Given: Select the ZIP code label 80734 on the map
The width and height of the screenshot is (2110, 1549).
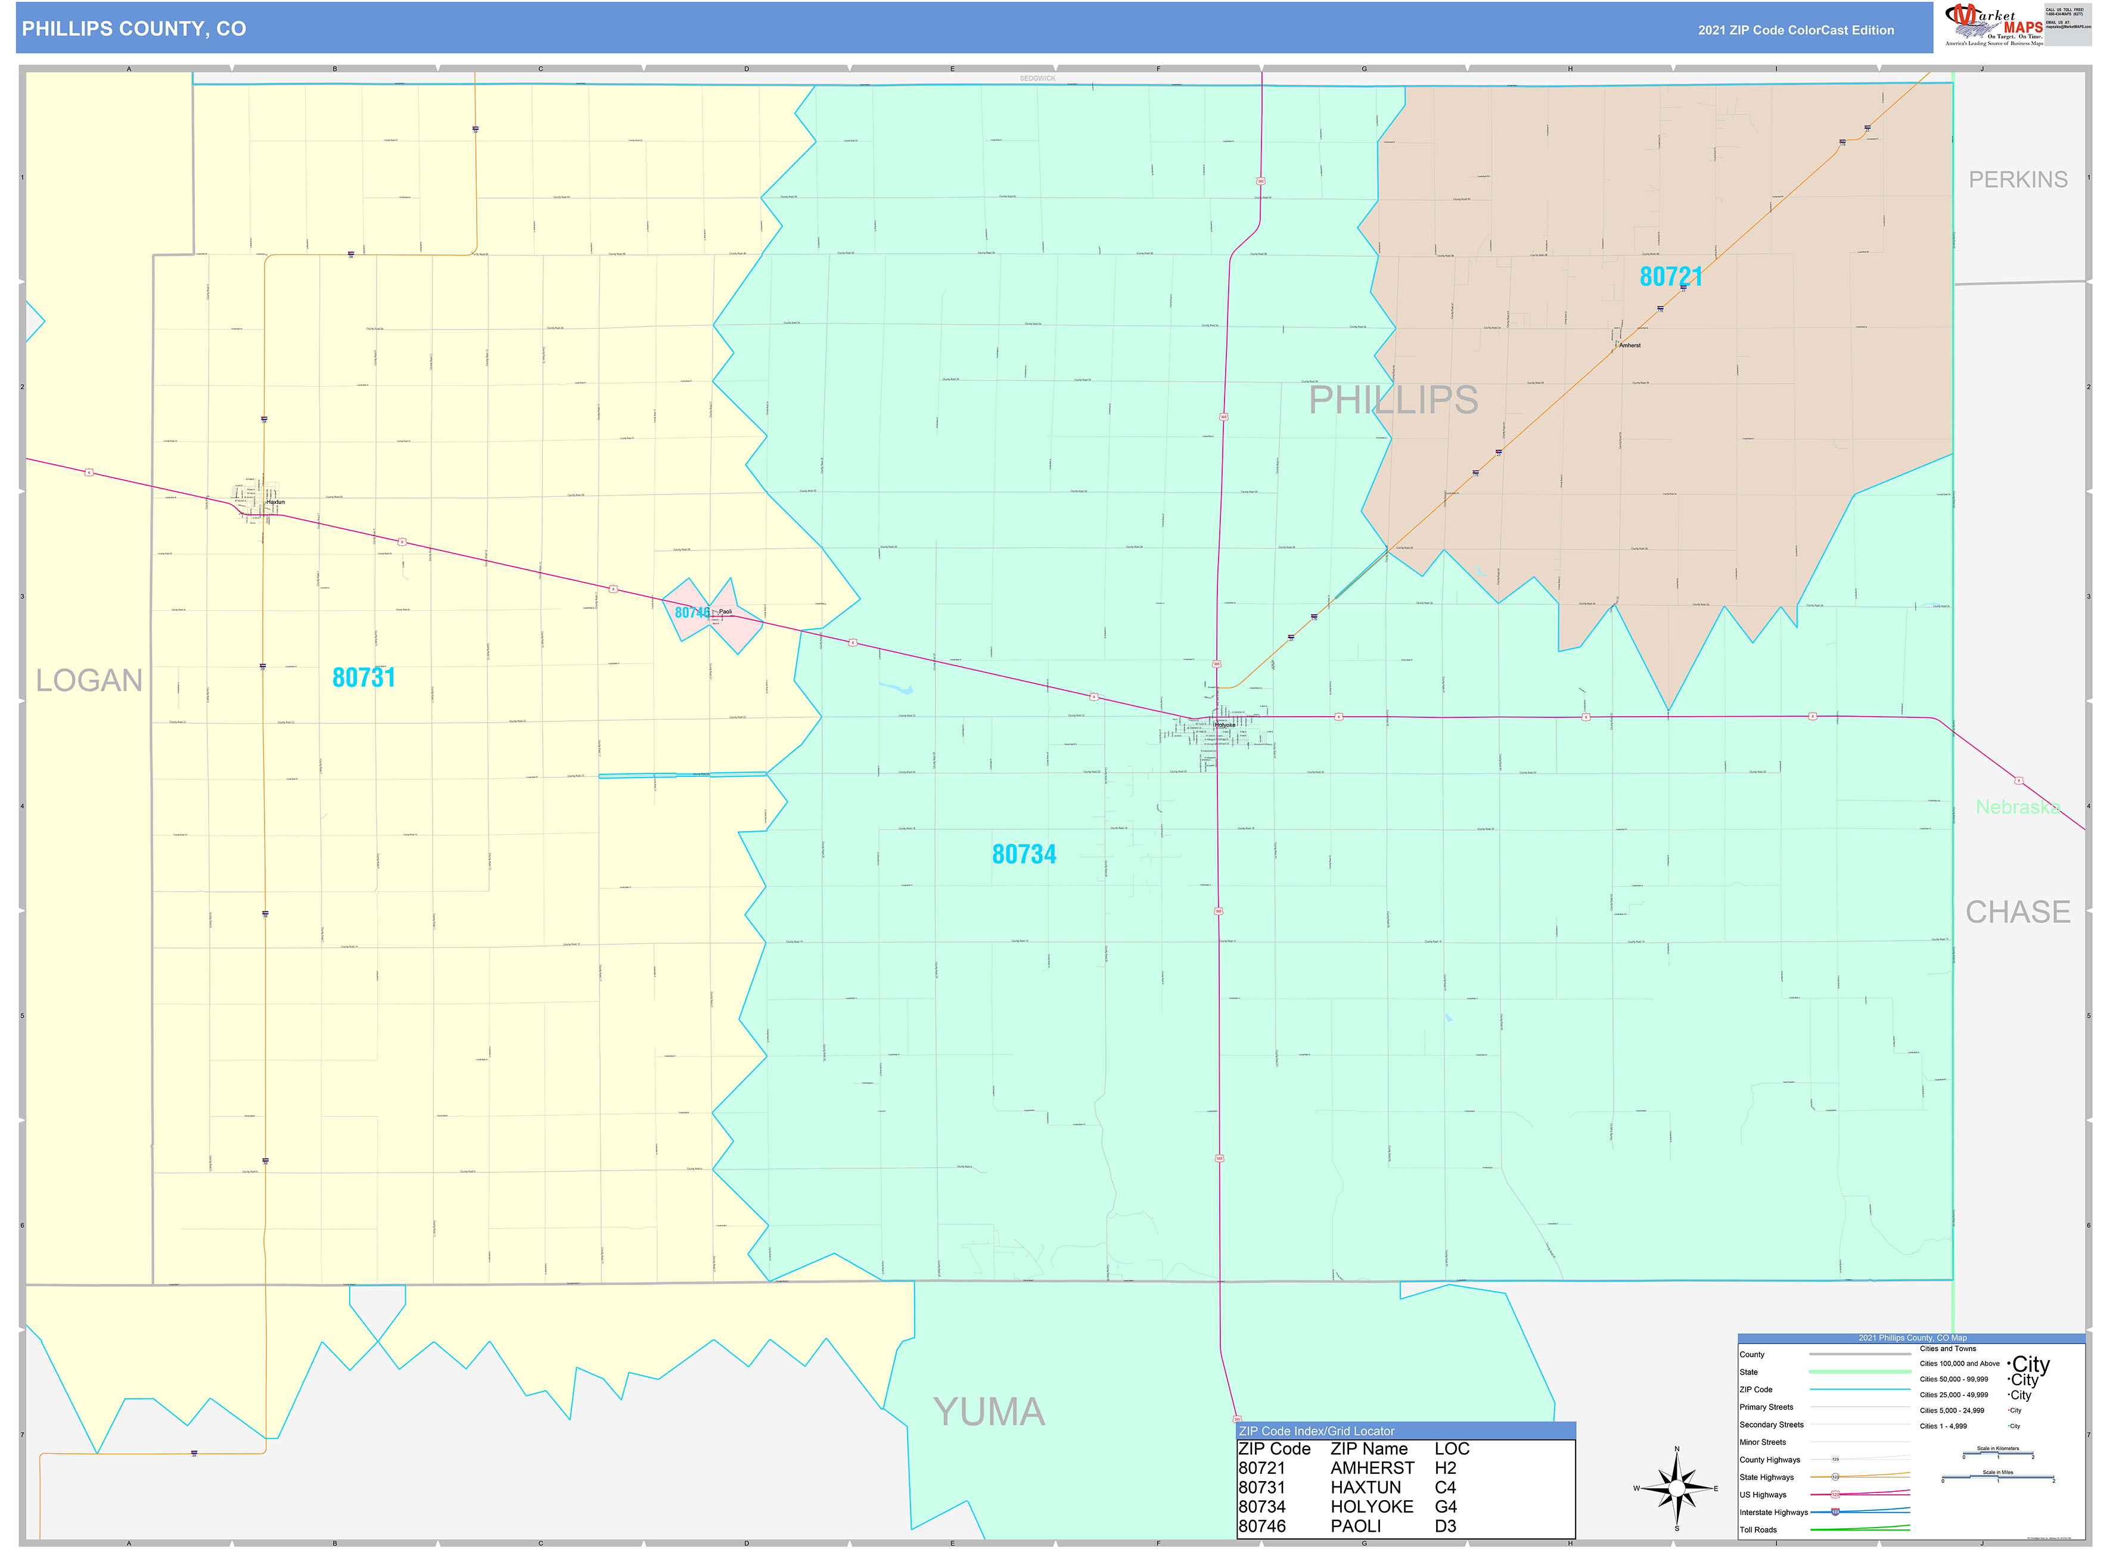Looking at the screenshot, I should (1024, 854).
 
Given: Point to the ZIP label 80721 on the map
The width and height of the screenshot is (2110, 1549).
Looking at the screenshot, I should (1670, 276).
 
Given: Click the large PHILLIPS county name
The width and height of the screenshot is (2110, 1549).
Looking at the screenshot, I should (1393, 400).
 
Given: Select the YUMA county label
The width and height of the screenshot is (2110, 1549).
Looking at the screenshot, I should (989, 1412).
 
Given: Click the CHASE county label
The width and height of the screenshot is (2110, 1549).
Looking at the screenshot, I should (2017, 912).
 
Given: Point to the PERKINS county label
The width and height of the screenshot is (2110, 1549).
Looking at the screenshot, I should (2017, 180).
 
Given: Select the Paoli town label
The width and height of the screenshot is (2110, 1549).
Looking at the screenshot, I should (725, 611).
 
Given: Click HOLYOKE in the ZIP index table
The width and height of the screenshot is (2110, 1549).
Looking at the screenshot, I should (1371, 1507).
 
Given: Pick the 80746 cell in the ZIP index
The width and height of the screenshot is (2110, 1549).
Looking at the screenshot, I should (1261, 1526).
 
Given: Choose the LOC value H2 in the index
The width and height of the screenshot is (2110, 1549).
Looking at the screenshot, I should (1445, 1469).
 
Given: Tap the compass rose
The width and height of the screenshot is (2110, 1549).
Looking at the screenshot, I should (1677, 1488).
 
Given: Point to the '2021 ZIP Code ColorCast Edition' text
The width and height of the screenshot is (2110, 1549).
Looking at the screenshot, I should (1795, 30).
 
